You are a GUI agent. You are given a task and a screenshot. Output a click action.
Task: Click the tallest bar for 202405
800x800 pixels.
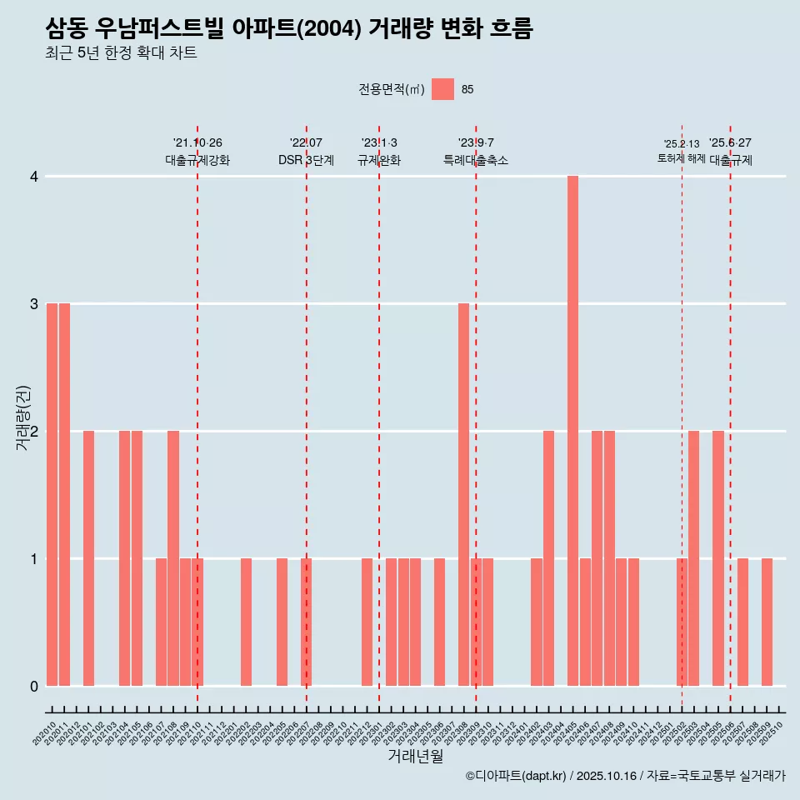[x=573, y=431]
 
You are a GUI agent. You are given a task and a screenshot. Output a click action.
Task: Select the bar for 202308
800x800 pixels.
[x=464, y=494]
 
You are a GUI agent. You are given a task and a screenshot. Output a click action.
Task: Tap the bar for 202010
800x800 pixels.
[x=52, y=494]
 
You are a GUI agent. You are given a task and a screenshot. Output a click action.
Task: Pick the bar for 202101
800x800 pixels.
[x=88, y=558]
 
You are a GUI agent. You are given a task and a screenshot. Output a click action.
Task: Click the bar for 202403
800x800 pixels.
[x=549, y=558]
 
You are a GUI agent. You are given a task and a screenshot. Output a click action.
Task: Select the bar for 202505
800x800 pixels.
[x=718, y=558]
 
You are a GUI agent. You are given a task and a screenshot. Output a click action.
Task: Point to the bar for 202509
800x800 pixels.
[x=767, y=622]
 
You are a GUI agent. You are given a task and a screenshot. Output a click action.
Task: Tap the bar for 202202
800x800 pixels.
[x=246, y=622]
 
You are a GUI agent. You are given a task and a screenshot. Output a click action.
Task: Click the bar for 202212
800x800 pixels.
[x=367, y=622]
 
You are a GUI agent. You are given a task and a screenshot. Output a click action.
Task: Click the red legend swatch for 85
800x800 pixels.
[x=442, y=89]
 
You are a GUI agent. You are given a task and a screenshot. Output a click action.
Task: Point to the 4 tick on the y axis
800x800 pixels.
[x=34, y=177]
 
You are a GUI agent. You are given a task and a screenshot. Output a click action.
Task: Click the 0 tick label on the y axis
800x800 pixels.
[x=34, y=686]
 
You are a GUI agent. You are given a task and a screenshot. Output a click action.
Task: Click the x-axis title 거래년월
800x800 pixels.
[x=415, y=756]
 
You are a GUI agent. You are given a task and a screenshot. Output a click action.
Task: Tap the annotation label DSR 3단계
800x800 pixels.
[x=306, y=161]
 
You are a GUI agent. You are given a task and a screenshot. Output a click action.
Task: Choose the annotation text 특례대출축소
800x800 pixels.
[x=476, y=161]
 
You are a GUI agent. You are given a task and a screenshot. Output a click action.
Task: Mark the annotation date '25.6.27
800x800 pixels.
[x=730, y=143]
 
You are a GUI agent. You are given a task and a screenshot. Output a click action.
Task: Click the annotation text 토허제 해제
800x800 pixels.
[x=682, y=158]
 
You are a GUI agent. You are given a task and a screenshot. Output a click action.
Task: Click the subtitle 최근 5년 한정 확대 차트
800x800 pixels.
[x=121, y=54]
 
